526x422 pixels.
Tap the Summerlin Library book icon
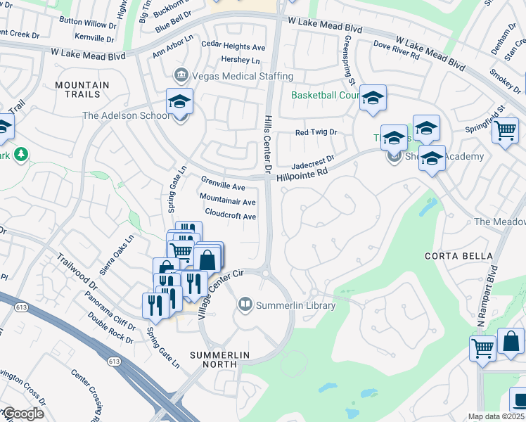[x=245, y=305]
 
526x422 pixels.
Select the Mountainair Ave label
[x=227, y=201]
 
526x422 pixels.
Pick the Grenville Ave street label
[x=223, y=187]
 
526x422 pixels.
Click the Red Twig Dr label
[x=316, y=132]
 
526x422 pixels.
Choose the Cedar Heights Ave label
[x=233, y=46]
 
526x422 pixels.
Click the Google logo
[x=23, y=414]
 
